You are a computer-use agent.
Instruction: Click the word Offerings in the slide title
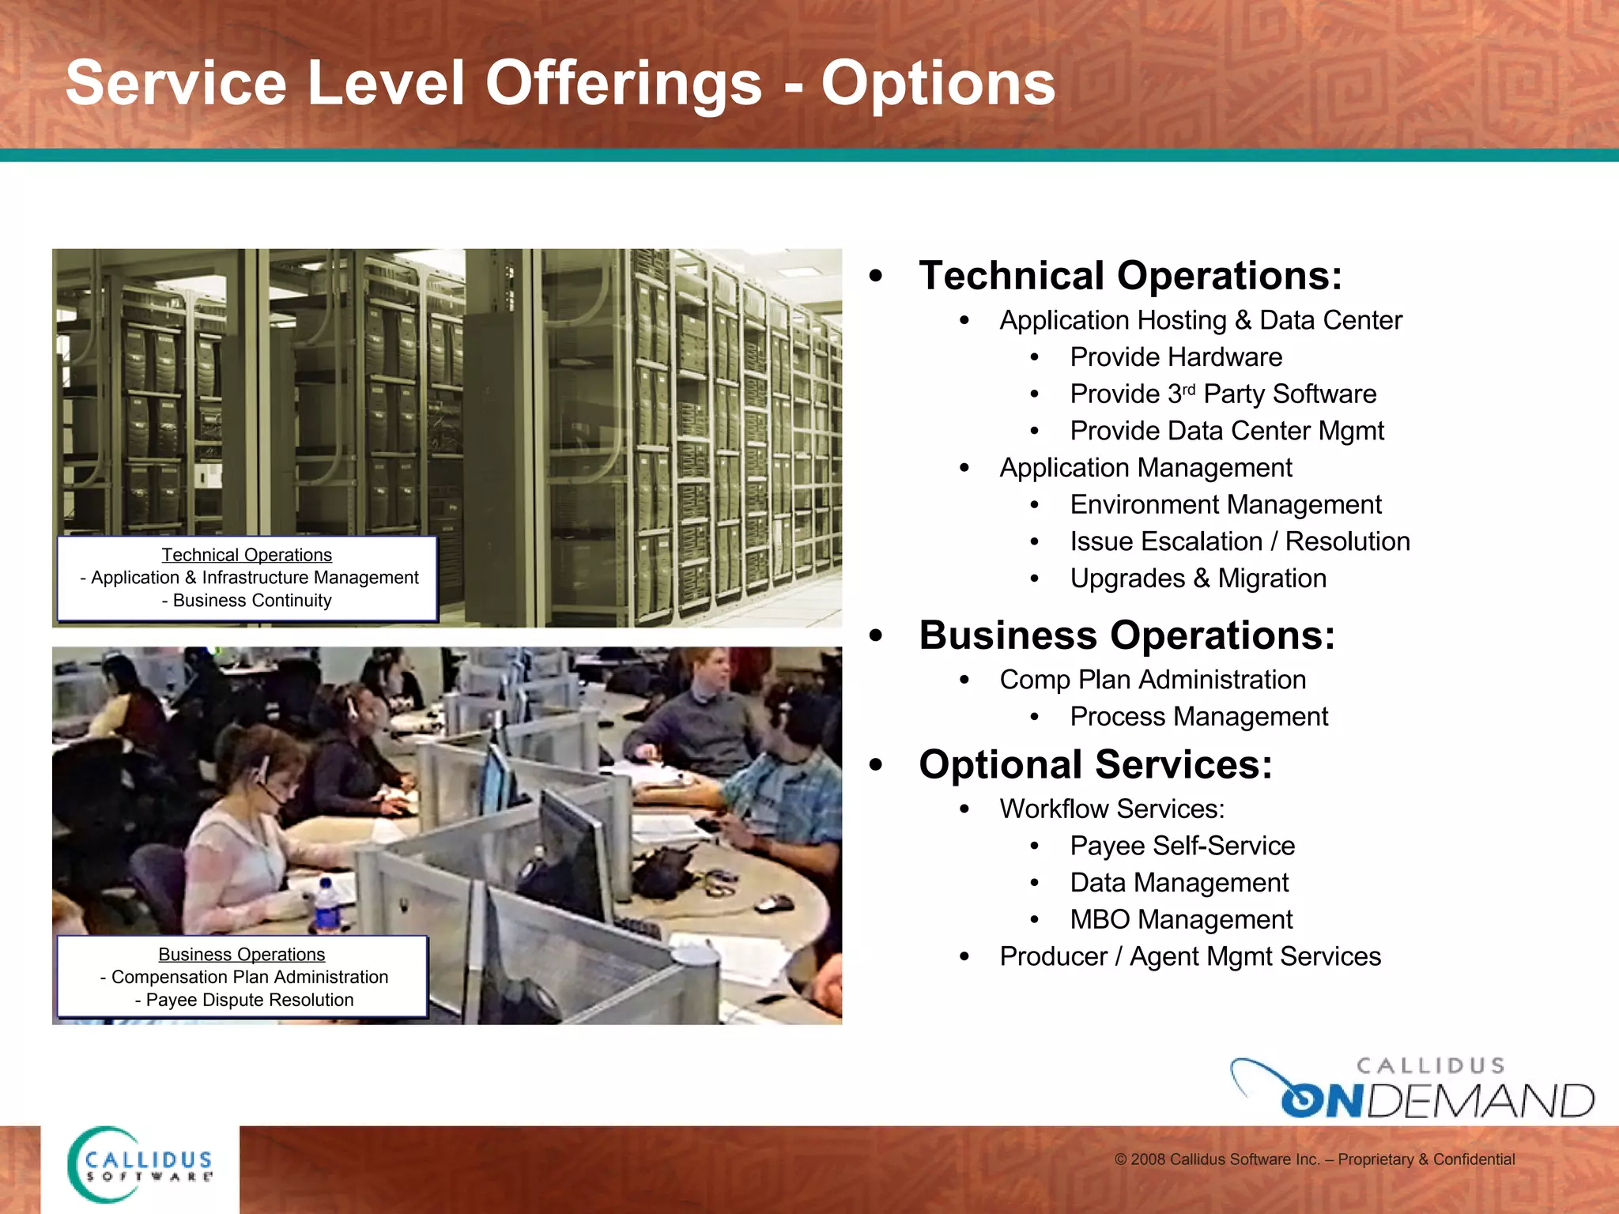click(624, 84)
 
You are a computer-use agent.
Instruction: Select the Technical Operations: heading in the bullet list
click(1130, 276)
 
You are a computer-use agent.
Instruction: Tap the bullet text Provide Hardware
click(1176, 357)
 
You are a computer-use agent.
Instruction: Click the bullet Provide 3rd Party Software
click(1222, 394)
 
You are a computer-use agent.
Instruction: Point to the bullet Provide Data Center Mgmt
click(1226, 431)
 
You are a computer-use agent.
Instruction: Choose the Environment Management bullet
click(1225, 504)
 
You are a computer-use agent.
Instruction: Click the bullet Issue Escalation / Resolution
click(1240, 541)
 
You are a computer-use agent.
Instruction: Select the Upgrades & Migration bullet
click(1198, 579)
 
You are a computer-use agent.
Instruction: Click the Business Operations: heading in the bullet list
click(1127, 635)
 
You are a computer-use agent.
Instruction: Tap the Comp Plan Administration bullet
click(1152, 680)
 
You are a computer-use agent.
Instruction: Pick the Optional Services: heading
click(1096, 764)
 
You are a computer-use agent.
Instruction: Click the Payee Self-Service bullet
click(1182, 846)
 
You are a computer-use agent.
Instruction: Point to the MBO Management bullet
click(1181, 919)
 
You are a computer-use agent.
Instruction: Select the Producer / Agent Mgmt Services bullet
click(1190, 956)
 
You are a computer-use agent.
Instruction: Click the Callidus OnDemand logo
click(1413, 1088)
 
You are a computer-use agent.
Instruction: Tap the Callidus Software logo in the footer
click(141, 1166)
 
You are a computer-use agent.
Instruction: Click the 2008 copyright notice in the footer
click(1314, 1159)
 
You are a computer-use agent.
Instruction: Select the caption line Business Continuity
click(247, 601)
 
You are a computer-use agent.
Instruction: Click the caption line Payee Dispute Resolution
click(244, 1000)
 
